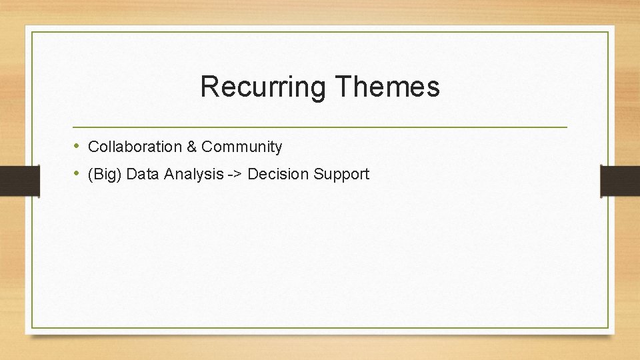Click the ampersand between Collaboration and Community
pyautogui.click(x=192, y=147)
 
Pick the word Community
pyautogui.click(x=242, y=147)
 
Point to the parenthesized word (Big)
pyautogui.click(x=105, y=175)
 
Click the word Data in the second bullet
pyautogui.click(x=141, y=175)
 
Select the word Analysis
pyautogui.click(x=193, y=175)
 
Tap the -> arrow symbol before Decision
pyautogui.click(x=235, y=175)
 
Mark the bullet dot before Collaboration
pyautogui.click(x=77, y=146)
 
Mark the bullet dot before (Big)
pyautogui.click(x=77, y=174)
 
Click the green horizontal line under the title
pyautogui.click(x=320, y=127)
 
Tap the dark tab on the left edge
pyautogui.click(x=19, y=181)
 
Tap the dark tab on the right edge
pyautogui.click(x=620, y=181)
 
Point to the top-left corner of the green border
pyautogui.click(x=32, y=32)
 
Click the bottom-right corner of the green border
pyautogui.click(x=608, y=327)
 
